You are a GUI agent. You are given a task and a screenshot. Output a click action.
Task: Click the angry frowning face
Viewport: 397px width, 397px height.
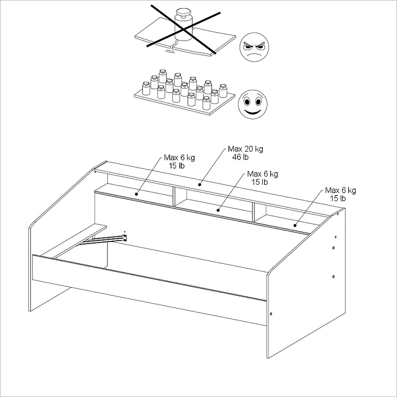click(254, 47)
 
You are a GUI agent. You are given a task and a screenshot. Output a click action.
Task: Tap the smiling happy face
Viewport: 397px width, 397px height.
click(252, 104)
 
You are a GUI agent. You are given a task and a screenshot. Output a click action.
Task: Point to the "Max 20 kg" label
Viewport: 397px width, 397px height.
click(245, 149)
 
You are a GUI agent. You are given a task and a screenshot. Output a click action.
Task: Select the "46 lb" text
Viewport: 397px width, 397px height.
click(240, 157)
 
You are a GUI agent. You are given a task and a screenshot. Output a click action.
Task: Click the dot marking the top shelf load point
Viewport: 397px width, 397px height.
click(200, 184)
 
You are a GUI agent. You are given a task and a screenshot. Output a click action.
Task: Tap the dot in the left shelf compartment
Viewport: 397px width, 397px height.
click(136, 194)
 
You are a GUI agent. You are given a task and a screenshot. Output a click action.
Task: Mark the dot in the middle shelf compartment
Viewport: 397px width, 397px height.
click(218, 210)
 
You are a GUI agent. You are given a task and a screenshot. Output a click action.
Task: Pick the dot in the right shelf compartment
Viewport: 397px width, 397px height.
click(295, 225)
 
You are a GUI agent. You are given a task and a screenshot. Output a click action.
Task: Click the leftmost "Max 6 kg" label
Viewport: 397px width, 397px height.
click(179, 157)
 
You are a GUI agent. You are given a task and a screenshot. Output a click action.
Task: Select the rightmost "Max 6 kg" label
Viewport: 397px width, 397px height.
click(341, 190)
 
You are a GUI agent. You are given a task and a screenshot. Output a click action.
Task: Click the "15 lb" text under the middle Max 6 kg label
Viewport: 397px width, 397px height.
click(259, 182)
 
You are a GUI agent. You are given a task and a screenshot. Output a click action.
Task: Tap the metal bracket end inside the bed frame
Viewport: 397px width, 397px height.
click(124, 238)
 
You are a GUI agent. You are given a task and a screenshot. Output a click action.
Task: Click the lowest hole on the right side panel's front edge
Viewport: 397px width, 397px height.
click(271, 314)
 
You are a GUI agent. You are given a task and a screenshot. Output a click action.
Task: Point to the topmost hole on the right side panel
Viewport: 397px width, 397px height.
click(338, 214)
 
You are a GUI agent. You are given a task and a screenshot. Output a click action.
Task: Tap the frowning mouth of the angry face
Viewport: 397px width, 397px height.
click(254, 55)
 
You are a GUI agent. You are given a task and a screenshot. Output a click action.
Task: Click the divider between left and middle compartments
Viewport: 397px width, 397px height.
click(174, 196)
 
